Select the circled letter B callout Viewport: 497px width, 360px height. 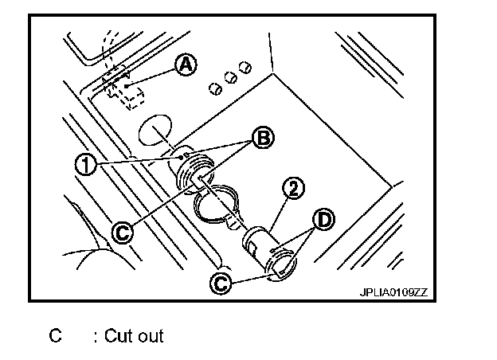point(262,138)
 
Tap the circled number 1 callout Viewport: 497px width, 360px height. point(84,163)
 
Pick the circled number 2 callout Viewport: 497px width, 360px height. point(294,189)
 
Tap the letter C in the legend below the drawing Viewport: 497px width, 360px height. point(55,336)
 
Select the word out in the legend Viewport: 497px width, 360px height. point(149,336)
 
